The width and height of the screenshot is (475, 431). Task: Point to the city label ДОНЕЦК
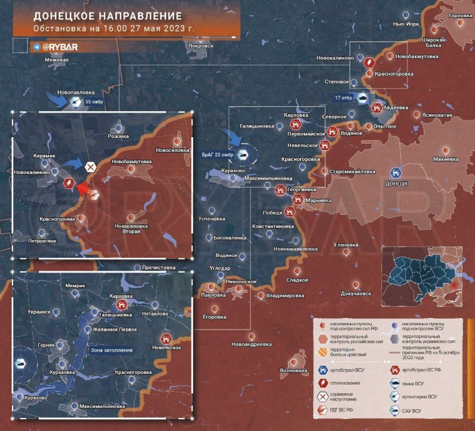(x=396, y=183)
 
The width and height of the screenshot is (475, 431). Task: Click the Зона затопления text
(x=112, y=350)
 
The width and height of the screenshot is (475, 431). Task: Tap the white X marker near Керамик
(x=90, y=167)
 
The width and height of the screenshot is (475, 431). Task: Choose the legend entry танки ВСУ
(x=414, y=383)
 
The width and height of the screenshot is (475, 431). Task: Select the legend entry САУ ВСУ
(x=414, y=411)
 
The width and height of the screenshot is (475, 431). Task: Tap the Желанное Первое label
(x=115, y=329)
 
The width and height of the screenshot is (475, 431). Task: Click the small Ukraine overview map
(x=421, y=275)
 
